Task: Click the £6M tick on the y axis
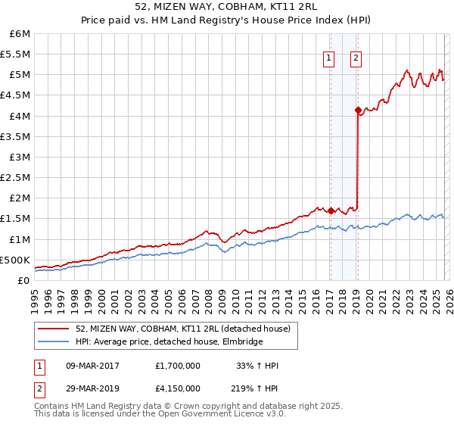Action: coord(17,34)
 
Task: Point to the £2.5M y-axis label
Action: coord(15,177)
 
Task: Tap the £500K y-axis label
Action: coord(15,260)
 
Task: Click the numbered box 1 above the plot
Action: coord(330,58)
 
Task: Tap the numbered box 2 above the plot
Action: coord(356,58)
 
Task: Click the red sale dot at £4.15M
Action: coord(358,110)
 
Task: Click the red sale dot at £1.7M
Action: coord(331,210)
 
